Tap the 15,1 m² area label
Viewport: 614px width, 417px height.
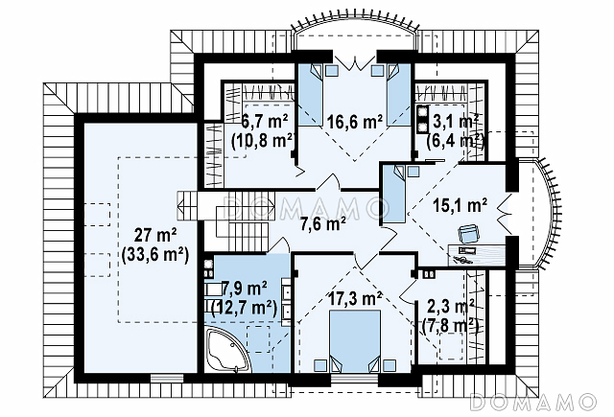click(x=460, y=205)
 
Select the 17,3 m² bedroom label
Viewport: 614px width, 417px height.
click(x=355, y=298)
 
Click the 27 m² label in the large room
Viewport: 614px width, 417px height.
click(x=155, y=236)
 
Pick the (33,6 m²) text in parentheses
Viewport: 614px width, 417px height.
click(x=155, y=255)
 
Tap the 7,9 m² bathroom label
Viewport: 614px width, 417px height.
click(x=244, y=290)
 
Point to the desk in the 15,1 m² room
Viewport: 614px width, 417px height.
click(x=477, y=255)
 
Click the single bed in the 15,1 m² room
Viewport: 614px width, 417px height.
click(x=393, y=194)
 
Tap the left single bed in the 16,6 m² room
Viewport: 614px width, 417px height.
click(x=311, y=95)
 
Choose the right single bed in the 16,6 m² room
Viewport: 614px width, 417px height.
click(x=399, y=95)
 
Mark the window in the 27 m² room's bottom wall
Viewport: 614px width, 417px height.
click(x=167, y=378)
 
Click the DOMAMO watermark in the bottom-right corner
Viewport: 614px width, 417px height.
click(x=533, y=402)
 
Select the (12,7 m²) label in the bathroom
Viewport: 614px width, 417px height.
click(x=244, y=309)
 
